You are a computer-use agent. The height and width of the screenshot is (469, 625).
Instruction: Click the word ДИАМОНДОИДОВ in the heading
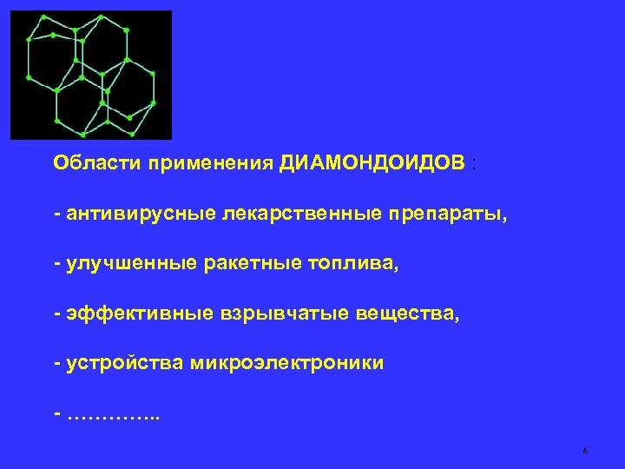(x=372, y=164)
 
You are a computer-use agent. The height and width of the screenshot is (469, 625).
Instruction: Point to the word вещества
(x=407, y=314)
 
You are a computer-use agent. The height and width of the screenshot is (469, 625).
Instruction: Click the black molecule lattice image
(x=91, y=75)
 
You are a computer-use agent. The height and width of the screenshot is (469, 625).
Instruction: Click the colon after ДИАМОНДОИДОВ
(x=472, y=164)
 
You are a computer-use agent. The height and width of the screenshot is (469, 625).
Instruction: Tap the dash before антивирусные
(x=56, y=215)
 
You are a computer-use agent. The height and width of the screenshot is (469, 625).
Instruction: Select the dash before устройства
(x=56, y=364)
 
